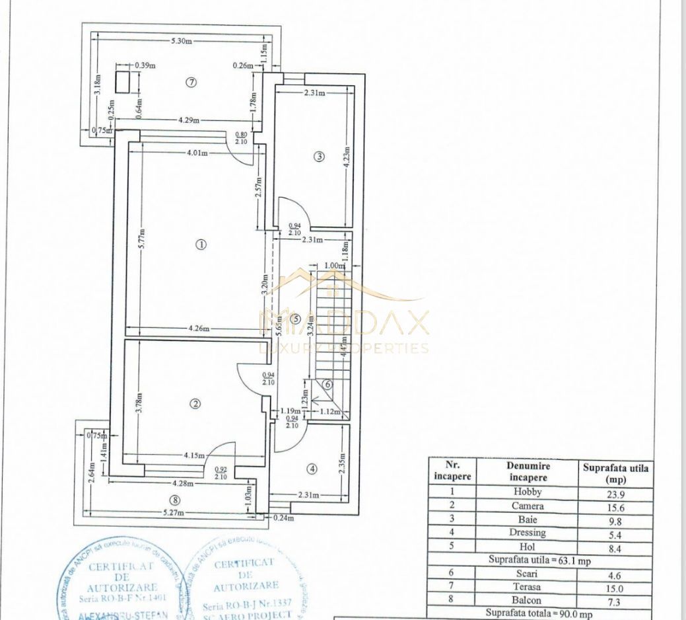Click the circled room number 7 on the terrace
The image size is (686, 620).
point(191,82)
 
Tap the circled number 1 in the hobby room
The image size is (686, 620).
point(201,244)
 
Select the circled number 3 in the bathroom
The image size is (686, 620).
point(319,157)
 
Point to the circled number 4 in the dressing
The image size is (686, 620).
point(312,469)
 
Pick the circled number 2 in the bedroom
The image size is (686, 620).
point(196,403)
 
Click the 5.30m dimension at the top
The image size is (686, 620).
point(181,41)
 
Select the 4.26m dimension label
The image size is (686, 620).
point(197,329)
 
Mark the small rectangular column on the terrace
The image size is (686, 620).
point(122,82)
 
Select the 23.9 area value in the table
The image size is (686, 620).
point(615,492)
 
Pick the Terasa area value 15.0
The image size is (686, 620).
point(615,588)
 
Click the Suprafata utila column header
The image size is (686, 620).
point(615,472)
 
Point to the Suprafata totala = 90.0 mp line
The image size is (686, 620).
point(539,613)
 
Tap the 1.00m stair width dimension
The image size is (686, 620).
point(336,266)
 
